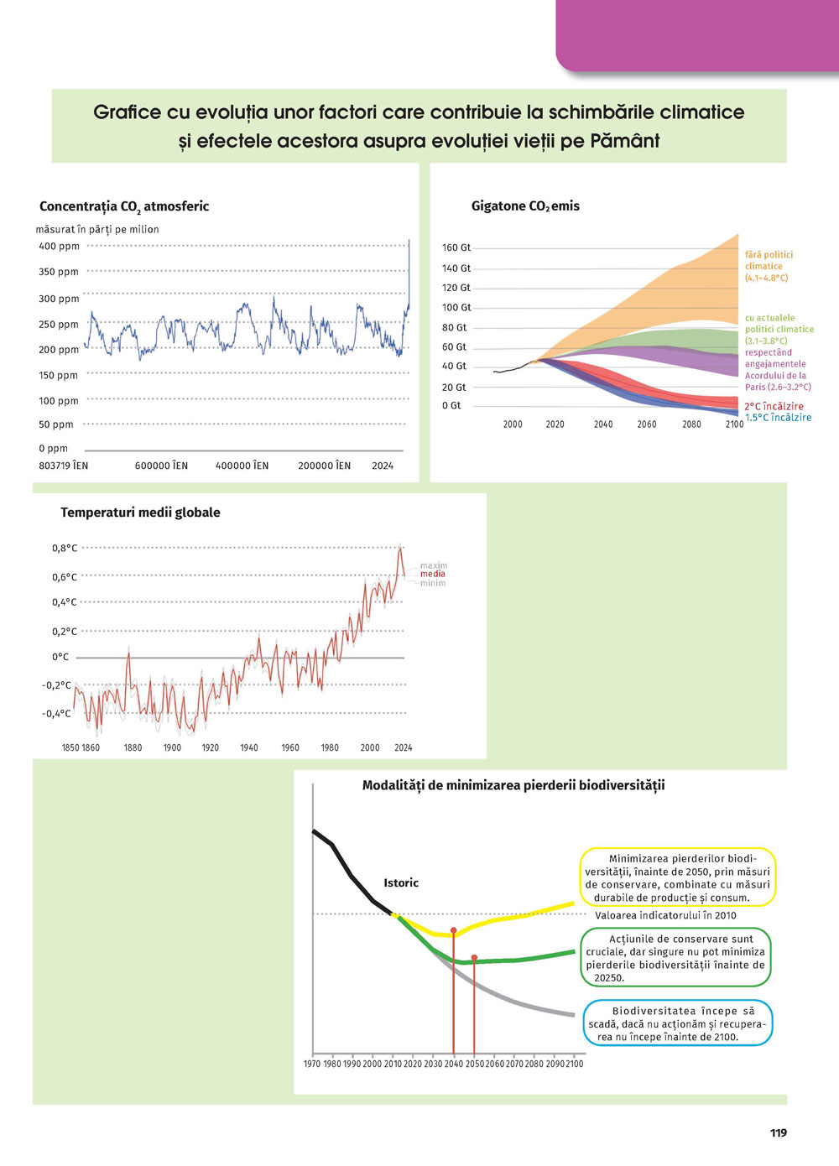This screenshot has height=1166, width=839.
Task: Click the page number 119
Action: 778,1132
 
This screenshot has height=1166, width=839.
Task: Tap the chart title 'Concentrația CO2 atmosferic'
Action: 124,206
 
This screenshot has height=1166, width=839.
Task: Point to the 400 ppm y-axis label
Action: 59,247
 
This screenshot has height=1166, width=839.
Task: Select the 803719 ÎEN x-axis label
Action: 63,466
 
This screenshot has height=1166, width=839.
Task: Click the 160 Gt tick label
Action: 456,248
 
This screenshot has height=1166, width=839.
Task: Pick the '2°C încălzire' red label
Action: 774,406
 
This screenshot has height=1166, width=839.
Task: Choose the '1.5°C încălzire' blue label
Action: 778,418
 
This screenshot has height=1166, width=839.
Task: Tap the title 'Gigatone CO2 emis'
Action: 525,206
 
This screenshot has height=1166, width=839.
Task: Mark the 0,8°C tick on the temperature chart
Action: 65,549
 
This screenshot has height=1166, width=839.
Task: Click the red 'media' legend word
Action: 433,575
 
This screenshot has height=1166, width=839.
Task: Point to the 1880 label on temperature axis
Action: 133,747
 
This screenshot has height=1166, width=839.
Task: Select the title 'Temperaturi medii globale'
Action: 140,513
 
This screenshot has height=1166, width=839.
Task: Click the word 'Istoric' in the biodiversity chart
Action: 401,882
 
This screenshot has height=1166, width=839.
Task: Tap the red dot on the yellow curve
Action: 454,930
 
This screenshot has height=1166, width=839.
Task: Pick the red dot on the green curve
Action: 474,957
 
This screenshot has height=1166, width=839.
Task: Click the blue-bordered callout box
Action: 677,1023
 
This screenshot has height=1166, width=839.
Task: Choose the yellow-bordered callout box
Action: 677,877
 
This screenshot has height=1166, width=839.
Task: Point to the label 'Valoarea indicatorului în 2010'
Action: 665,915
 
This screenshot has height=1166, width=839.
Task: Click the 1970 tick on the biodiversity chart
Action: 312,1064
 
